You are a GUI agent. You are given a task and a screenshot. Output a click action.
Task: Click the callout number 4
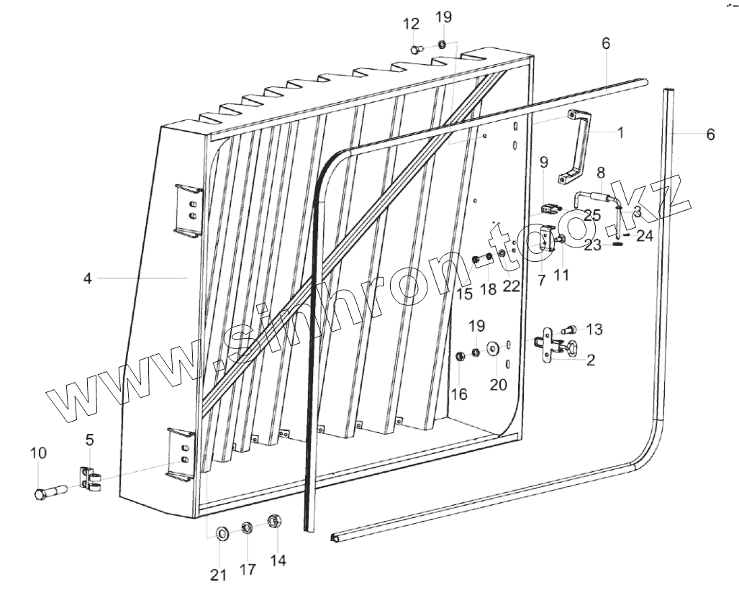pyautogui.click(x=87, y=278)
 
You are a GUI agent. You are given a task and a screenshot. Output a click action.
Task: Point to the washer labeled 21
pyautogui.click(x=221, y=532)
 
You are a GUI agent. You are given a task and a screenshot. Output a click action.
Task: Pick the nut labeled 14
pyautogui.click(x=275, y=521)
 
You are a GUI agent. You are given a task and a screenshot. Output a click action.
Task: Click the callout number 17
pyautogui.click(x=248, y=569)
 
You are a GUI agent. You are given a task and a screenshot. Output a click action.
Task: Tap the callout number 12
pyautogui.click(x=411, y=24)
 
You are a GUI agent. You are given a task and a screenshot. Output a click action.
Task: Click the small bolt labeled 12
pyautogui.click(x=416, y=49)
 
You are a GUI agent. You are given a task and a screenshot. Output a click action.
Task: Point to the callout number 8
pyautogui.click(x=601, y=172)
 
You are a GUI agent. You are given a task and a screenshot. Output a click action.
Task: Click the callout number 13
pyautogui.click(x=594, y=330)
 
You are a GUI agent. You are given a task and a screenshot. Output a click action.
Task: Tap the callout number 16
pyautogui.click(x=459, y=394)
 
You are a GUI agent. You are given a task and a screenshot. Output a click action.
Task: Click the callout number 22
pyautogui.click(x=511, y=286)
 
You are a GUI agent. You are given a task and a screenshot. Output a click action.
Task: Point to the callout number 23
pyautogui.click(x=592, y=245)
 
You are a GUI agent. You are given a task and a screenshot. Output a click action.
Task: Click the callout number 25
pyautogui.click(x=592, y=214)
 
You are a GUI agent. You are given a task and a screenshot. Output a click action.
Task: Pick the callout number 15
pyautogui.click(x=464, y=294)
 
